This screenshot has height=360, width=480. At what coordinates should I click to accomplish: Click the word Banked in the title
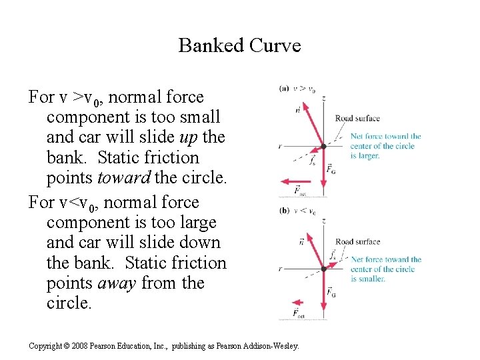pos(211,45)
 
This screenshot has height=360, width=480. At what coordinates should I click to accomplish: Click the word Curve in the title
pos(276,45)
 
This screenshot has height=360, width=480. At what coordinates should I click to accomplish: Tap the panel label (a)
pos(284,88)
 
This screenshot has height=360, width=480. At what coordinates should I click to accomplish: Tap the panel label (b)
pos(284,211)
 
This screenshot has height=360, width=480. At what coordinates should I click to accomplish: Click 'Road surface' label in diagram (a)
pos(357,119)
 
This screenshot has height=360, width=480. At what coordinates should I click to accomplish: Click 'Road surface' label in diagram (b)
pos(357,241)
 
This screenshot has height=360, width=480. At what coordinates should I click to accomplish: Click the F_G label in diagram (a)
pos(331,169)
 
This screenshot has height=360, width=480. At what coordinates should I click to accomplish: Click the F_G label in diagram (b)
pos(331,291)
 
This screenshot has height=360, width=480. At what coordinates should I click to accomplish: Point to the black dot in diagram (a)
pos(323,146)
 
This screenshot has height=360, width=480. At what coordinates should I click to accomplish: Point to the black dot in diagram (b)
pos(323,269)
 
